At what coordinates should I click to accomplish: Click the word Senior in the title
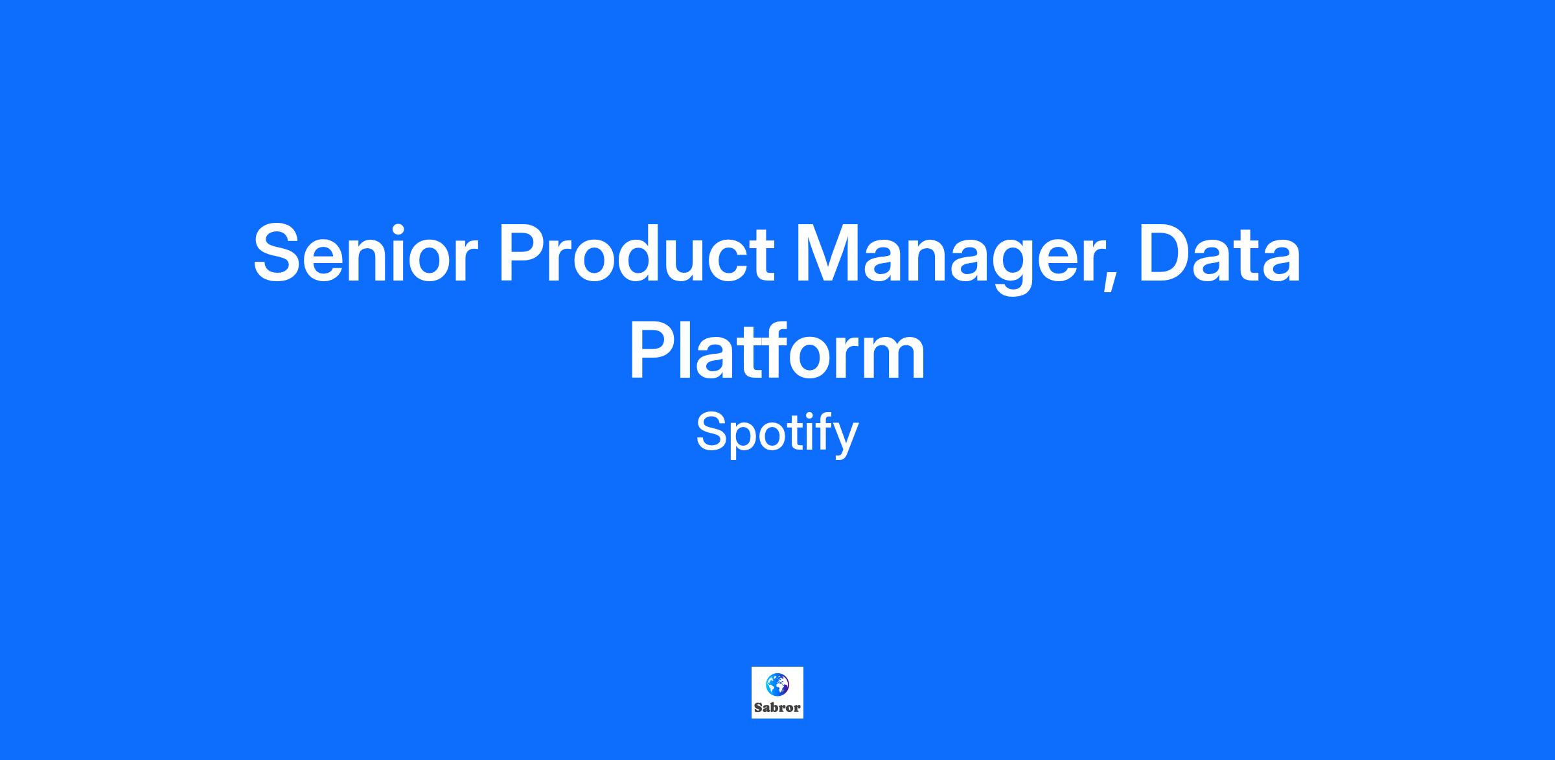pos(365,253)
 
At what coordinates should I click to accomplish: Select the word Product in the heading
pos(636,253)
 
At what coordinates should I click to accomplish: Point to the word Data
pos(1219,253)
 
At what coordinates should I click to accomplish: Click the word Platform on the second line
pos(777,351)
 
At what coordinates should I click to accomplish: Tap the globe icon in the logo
pos(777,683)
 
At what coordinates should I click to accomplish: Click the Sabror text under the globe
pos(777,708)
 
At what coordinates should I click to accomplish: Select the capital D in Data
pos(1166,253)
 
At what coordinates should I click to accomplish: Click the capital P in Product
pos(522,253)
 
